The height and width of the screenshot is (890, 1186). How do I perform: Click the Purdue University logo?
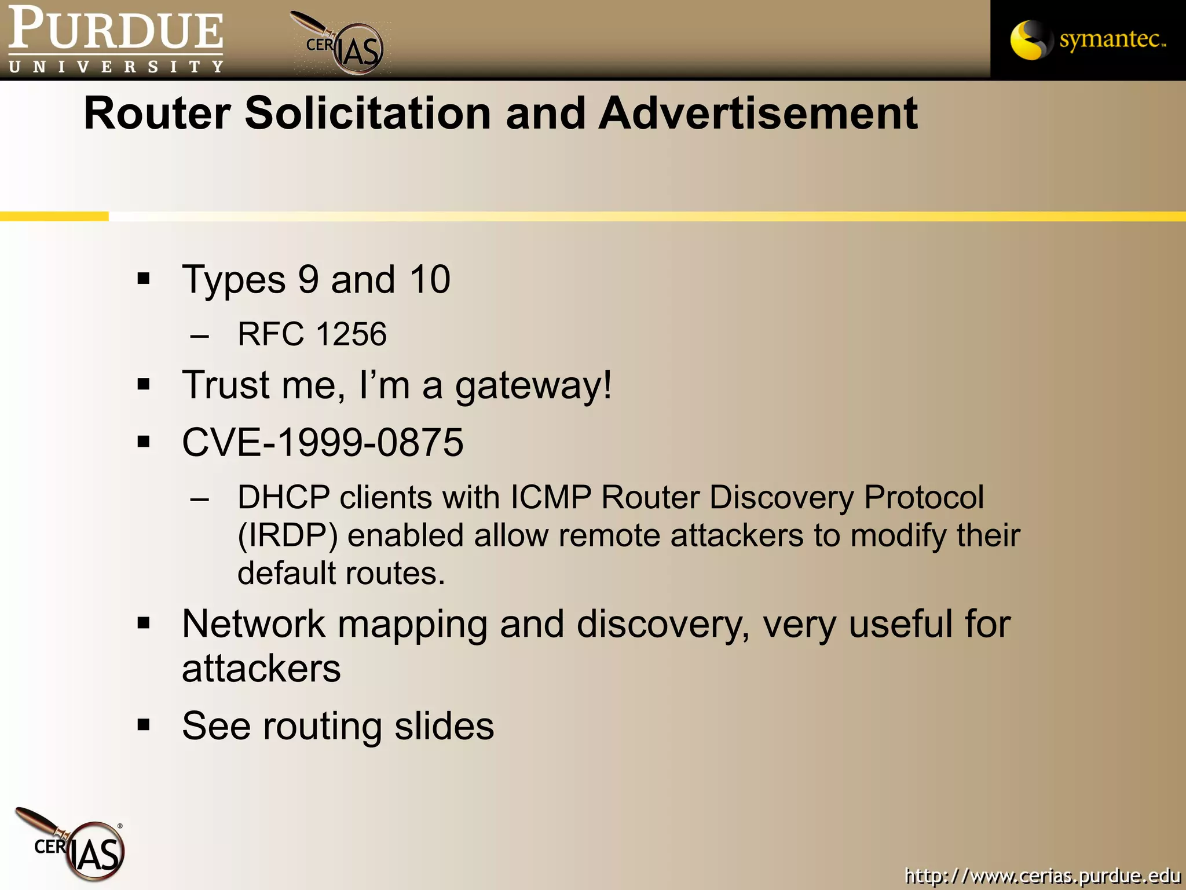point(116,39)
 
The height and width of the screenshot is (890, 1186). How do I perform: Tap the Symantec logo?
point(1088,39)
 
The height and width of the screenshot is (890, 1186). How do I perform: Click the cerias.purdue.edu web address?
point(1042,875)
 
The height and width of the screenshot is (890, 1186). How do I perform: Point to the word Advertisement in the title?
point(758,113)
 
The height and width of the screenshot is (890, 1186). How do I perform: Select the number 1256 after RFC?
point(351,334)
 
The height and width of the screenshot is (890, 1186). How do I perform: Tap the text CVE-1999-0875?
point(323,443)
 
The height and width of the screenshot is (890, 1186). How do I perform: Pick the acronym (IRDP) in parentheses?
point(288,535)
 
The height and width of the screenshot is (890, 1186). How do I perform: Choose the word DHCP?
point(283,497)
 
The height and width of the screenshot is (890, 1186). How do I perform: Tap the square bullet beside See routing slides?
point(144,725)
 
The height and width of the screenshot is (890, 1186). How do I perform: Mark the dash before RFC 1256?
point(199,335)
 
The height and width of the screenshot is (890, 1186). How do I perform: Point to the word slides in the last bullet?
point(444,726)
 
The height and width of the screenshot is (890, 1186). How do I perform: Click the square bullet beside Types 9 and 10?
point(144,279)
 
